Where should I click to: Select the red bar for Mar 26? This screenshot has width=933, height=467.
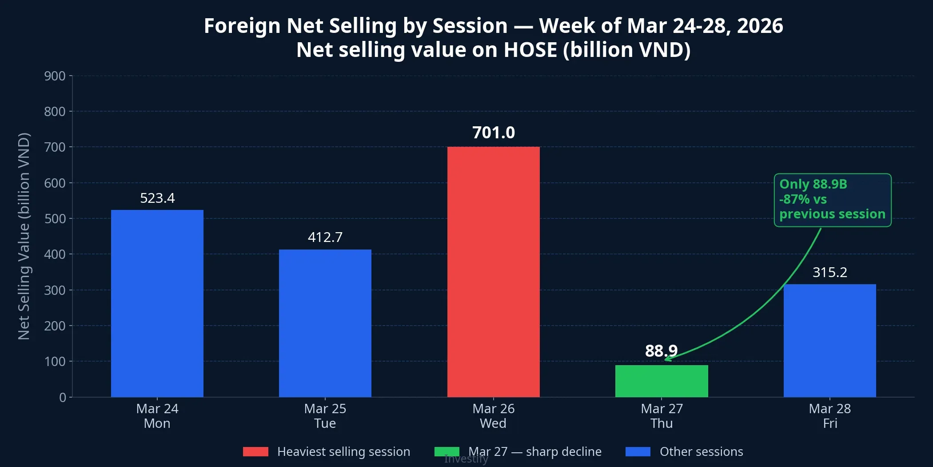click(493, 272)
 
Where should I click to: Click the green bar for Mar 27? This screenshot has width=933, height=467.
click(661, 381)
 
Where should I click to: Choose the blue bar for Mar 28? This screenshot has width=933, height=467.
click(829, 341)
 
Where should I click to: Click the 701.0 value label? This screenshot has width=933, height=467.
click(493, 133)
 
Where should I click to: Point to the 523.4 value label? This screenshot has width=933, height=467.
click(157, 198)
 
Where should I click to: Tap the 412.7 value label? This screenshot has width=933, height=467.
click(325, 237)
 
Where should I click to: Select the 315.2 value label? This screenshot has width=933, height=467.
click(829, 272)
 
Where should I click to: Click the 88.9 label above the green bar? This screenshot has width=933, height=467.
click(661, 351)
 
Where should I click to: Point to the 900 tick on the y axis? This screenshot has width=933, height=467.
click(55, 76)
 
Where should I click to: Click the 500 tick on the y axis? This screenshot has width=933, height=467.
click(55, 219)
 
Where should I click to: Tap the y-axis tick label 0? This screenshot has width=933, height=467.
click(63, 397)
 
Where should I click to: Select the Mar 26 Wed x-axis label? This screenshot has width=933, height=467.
click(493, 416)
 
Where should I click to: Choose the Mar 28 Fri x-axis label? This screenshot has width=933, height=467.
click(829, 416)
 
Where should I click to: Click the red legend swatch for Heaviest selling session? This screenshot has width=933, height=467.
click(255, 452)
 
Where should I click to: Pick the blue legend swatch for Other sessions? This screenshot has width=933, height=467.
click(638, 452)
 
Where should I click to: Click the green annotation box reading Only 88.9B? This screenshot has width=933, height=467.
click(832, 200)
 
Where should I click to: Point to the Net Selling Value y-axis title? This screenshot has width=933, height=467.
click(24, 236)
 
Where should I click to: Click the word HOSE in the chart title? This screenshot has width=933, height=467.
click(530, 50)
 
